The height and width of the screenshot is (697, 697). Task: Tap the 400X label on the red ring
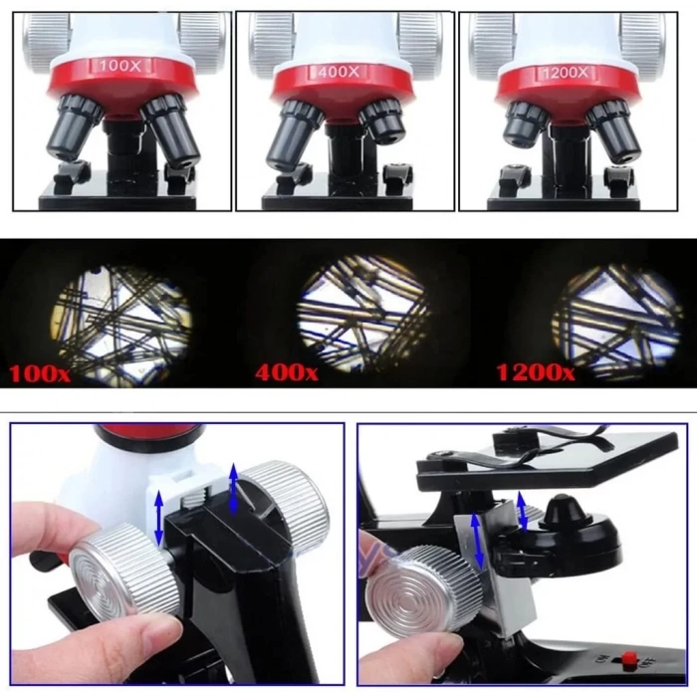(x=342, y=72)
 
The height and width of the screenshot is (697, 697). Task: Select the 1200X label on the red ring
(x=566, y=73)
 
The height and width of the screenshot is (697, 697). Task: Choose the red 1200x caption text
(x=536, y=373)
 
